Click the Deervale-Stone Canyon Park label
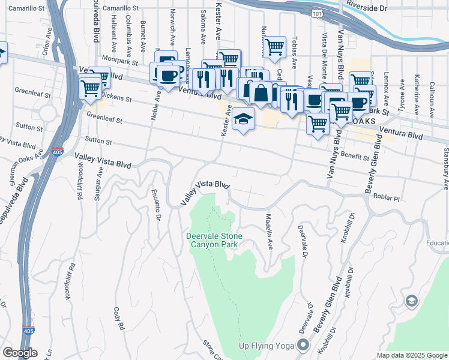click(215, 240)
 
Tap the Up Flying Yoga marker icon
click(303, 345)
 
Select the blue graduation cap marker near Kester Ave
click(243, 119)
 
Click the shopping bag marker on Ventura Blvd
click(261, 94)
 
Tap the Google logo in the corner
click(19, 353)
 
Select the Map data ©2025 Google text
click(412, 355)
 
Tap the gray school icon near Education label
click(412, 301)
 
